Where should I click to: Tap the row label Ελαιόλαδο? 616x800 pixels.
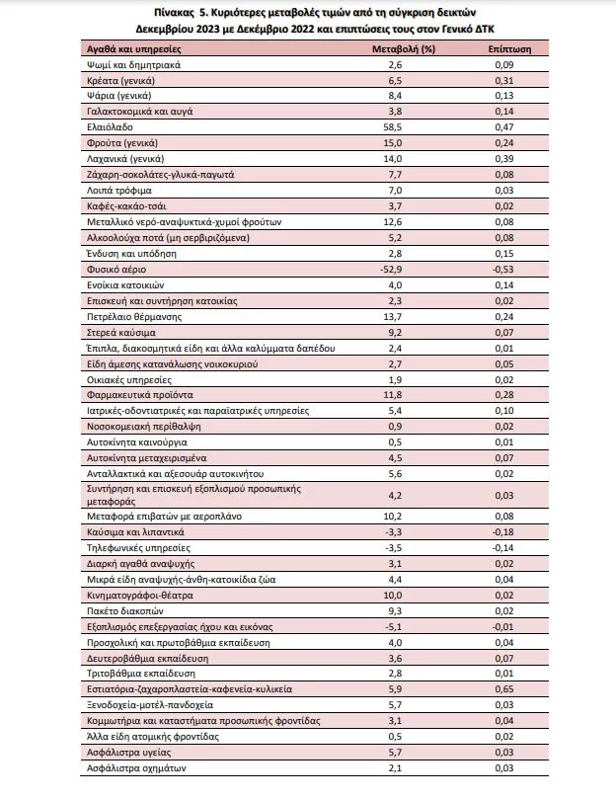(109, 127)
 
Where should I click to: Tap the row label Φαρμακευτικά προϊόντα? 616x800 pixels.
(133, 394)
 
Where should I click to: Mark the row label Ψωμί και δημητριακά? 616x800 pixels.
(128, 64)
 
